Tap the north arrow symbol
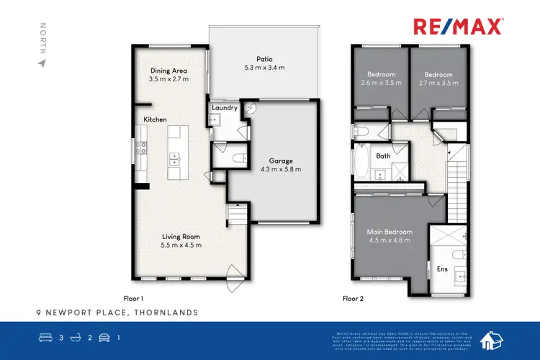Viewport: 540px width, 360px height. [42, 63]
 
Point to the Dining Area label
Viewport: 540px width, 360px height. [169, 71]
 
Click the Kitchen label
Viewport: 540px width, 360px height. [155, 120]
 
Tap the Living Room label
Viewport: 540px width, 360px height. [181, 236]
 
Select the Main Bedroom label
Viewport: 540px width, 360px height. [389, 233]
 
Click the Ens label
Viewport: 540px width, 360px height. [443, 269]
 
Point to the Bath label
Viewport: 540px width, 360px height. [383, 156]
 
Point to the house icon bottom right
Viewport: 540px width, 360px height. [492, 338]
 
